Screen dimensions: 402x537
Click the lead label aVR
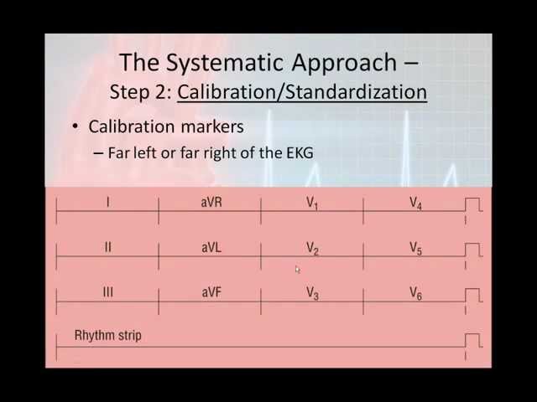[x=211, y=203]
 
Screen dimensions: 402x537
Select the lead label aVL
[x=211, y=248]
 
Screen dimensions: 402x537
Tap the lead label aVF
[x=211, y=292]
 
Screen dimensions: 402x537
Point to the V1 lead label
[x=312, y=204]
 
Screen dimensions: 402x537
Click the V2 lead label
[x=312, y=249]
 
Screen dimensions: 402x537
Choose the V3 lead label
[x=312, y=293]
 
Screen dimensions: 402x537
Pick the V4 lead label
[x=415, y=204]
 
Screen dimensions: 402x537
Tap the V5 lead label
[x=415, y=249]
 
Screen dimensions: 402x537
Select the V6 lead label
[x=415, y=293]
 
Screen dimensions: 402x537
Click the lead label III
[x=107, y=292]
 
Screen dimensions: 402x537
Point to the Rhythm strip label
[x=108, y=336]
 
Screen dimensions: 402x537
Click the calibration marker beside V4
[x=473, y=205]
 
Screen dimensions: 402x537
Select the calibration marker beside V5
[x=473, y=250]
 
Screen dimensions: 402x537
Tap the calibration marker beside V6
[x=473, y=295]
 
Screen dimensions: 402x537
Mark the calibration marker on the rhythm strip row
[x=473, y=340]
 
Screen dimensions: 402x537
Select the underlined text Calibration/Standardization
[x=302, y=91]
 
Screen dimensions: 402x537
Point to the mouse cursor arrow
[x=297, y=270]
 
